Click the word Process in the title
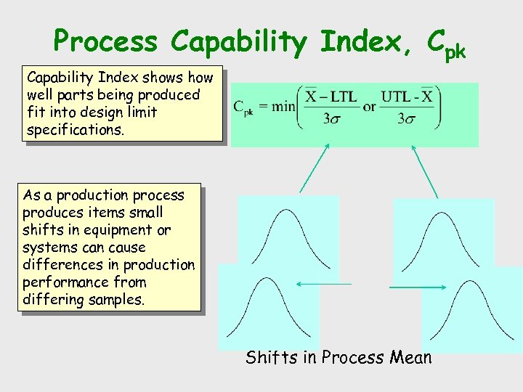point(107,41)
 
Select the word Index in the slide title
point(356,41)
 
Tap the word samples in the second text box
point(115,300)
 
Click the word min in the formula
point(284,107)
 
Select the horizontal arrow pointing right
point(418,287)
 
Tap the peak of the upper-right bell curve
point(442,214)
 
